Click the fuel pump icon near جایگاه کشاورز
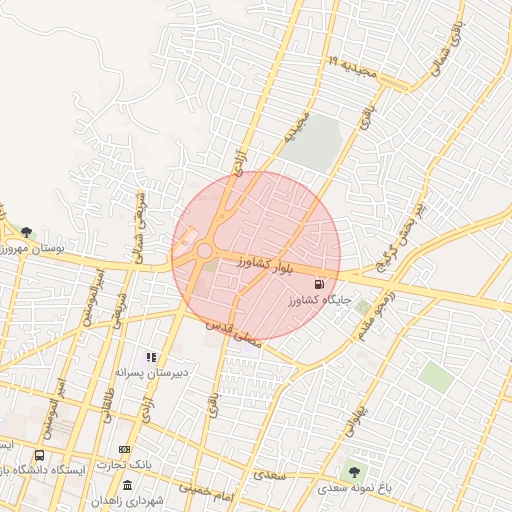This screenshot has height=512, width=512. point(319,284)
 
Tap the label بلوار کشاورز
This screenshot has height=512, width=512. point(265,266)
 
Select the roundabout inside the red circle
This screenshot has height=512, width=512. point(206,251)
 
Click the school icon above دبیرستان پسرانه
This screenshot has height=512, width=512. point(151,357)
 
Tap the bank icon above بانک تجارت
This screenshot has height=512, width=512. point(124,449)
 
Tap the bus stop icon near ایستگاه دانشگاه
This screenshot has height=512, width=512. point(39,455)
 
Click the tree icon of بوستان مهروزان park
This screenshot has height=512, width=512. point(25,233)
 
